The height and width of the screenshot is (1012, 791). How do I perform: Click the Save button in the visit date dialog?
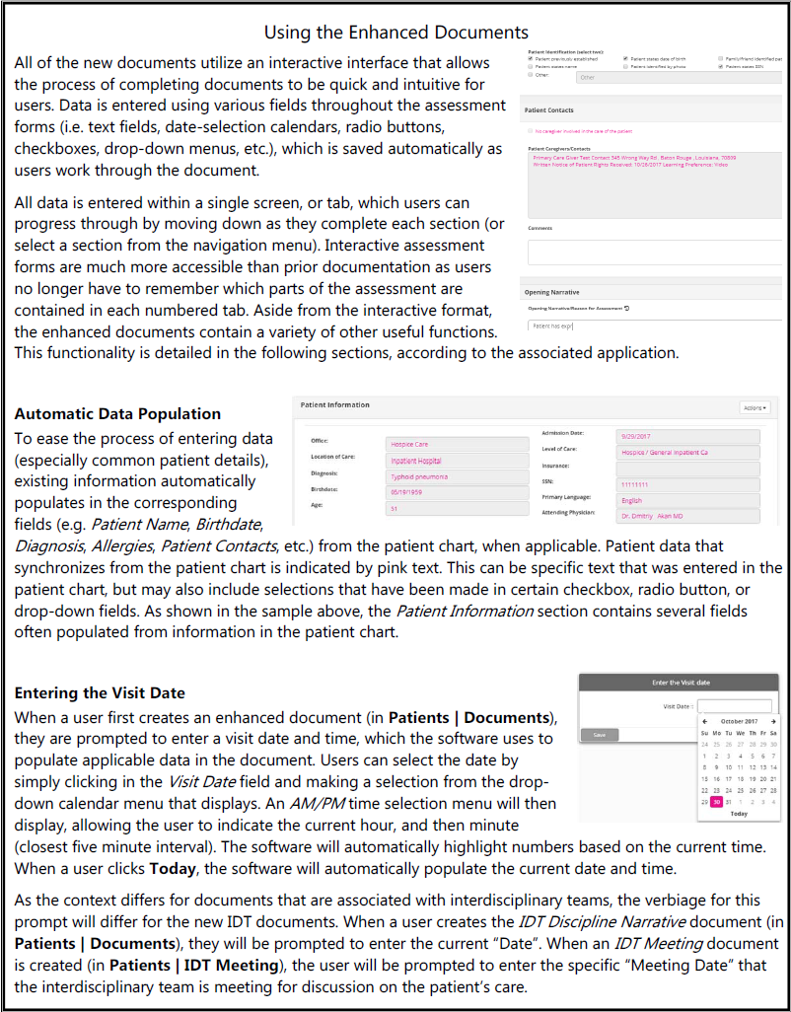click(x=600, y=735)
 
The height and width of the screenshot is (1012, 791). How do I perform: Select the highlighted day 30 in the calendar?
click(x=716, y=801)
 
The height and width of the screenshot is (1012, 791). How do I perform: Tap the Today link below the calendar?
click(x=739, y=814)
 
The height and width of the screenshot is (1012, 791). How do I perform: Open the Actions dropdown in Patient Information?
click(x=754, y=407)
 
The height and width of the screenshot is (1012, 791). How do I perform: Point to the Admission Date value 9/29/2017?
click(x=688, y=435)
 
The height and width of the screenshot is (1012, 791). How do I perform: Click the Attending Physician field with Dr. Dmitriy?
click(x=688, y=515)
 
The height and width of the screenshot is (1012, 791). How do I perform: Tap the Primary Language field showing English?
click(x=688, y=500)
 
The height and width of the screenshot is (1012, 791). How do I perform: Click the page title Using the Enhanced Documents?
click(x=395, y=33)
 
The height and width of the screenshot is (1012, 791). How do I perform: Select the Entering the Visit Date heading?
click(x=100, y=693)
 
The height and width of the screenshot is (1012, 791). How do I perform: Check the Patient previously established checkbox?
click(x=533, y=59)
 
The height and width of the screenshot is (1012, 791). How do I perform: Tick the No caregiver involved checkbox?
click(x=531, y=131)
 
